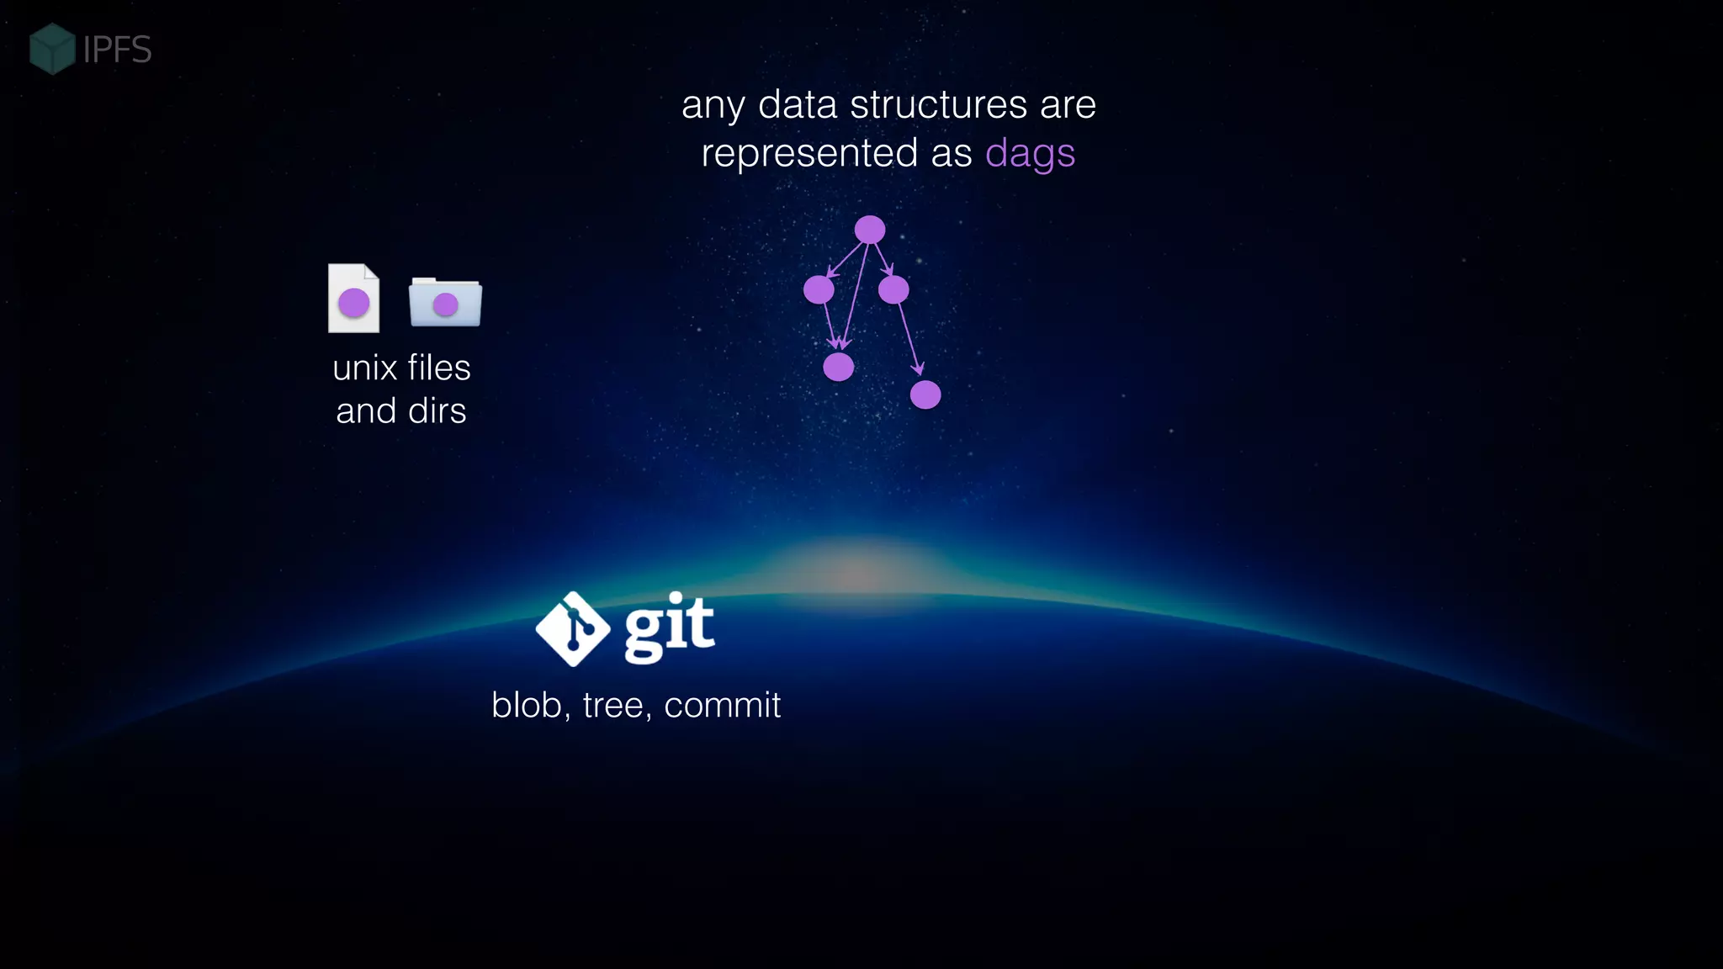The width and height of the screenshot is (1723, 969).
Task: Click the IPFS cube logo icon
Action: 52,49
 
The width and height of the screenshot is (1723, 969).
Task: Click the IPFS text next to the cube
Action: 118,50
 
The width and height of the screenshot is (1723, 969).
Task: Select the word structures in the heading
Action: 939,105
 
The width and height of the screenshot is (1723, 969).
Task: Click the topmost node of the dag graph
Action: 870,230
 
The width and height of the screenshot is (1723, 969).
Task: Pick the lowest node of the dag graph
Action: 925,394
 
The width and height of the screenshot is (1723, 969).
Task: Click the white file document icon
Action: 353,298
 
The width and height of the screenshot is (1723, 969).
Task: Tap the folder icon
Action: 445,302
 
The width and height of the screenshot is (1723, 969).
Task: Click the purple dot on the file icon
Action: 353,303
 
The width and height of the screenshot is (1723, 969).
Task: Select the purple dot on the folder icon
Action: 445,304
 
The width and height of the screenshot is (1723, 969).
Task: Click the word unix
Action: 364,368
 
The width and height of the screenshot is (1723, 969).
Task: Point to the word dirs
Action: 437,411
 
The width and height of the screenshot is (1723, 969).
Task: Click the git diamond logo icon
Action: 573,629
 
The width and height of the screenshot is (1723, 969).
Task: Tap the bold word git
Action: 670,627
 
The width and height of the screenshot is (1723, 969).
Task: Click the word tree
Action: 614,706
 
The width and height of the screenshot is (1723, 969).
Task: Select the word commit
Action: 722,706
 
